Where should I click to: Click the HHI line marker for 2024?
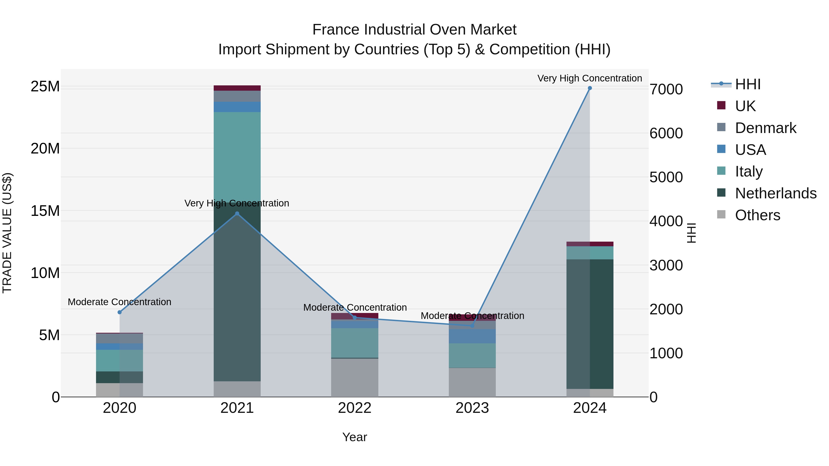coord(590,88)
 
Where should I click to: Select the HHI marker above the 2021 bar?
coord(237,214)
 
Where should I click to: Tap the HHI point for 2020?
coord(120,312)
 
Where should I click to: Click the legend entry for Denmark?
coord(765,128)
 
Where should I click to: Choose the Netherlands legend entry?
coord(776,193)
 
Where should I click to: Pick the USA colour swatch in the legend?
coord(721,149)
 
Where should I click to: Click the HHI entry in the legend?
coord(747,84)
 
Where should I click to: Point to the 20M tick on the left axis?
coord(45,149)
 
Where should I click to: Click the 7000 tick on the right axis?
coord(666,90)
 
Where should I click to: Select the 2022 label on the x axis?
coord(355,408)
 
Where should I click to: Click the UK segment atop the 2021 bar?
coord(237,88)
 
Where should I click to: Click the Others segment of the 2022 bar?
coord(355,378)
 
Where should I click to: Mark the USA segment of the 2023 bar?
coord(472,336)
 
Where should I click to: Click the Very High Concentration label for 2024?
coord(590,78)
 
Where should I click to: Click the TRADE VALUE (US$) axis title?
coord(7,233)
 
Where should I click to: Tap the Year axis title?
coord(355,437)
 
